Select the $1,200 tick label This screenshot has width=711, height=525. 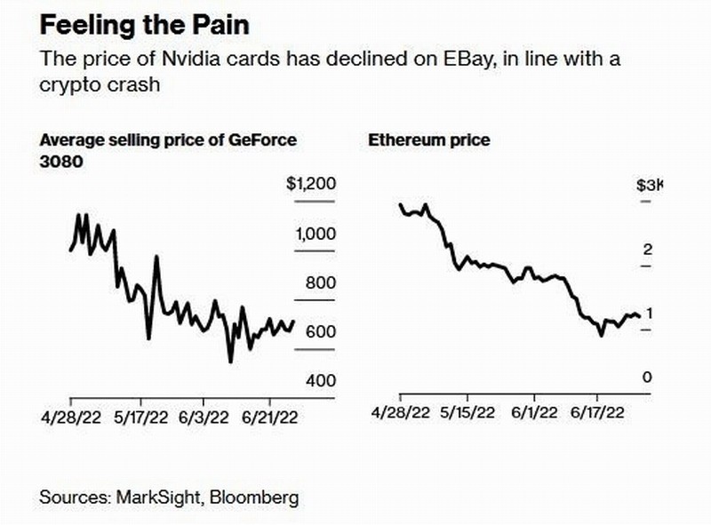(x=311, y=185)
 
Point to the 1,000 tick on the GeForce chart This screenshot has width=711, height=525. (x=314, y=235)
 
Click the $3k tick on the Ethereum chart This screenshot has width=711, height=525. (x=649, y=186)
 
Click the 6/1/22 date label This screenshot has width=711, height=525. (x=534, y=413)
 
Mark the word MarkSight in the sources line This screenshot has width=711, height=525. (x=161, y=497)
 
